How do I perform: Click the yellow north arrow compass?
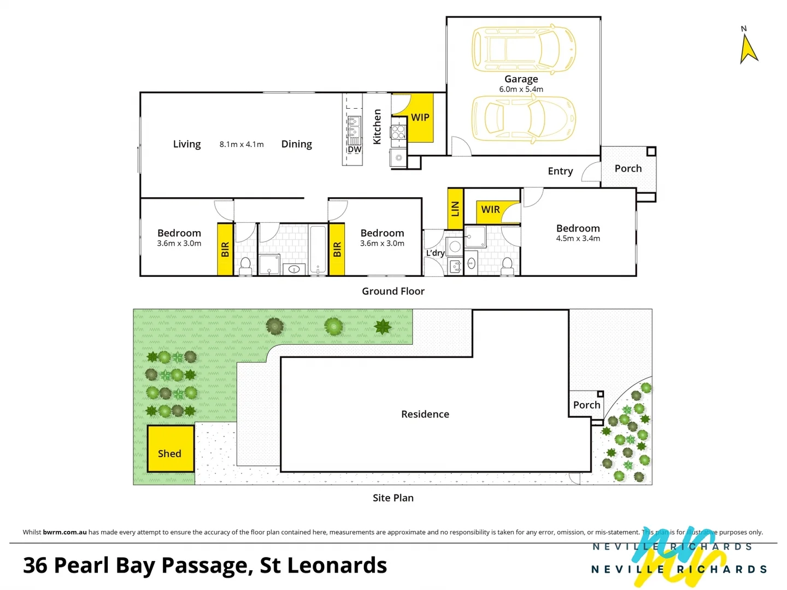(x=748, y=49)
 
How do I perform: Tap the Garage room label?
(x=521, y=79)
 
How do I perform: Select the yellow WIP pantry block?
(x=420, y=117)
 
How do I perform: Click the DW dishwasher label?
(x=355, y=150)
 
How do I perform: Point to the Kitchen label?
(x=377, y=127)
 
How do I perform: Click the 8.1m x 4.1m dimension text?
(x=242, y=144)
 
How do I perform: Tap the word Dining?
(x=296, y=144)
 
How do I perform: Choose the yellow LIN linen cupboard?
(x=455, y=209)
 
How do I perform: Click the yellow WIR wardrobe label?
(x=490, y=210)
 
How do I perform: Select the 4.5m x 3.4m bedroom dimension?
(x=578, y=239)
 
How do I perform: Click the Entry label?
(x=560, y=171)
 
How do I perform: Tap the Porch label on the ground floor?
(x=628, y=169)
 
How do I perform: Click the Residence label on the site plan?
(x=425, y=415)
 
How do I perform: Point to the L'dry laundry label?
(x=435, y=253)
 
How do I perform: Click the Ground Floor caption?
(x=393, y=292)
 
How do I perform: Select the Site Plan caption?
(x=393, y=498)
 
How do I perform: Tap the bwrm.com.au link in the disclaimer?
(x=64, y=532)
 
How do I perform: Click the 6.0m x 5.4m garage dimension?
(x=521, y=90)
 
